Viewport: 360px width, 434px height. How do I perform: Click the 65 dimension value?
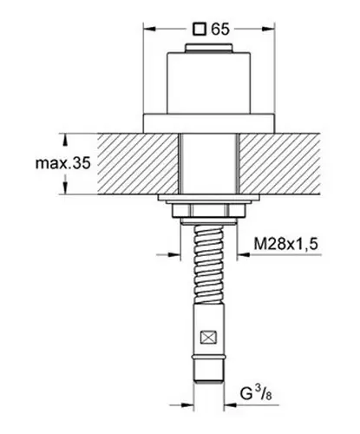[220, 29]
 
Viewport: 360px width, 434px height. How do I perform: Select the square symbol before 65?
[200, 30]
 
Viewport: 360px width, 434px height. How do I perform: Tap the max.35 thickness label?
[63, 163]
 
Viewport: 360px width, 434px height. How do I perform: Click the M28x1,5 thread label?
[285, 244]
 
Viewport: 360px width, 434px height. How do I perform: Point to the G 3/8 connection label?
[256, 393]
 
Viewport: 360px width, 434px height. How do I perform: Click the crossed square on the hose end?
[208, 338]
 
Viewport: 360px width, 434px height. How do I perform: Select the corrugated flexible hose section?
[208, 264]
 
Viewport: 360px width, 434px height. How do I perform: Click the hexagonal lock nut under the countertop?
[208, 210]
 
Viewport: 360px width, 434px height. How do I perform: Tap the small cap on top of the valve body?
[208, 48]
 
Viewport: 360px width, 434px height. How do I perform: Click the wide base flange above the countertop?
[208, 123]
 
